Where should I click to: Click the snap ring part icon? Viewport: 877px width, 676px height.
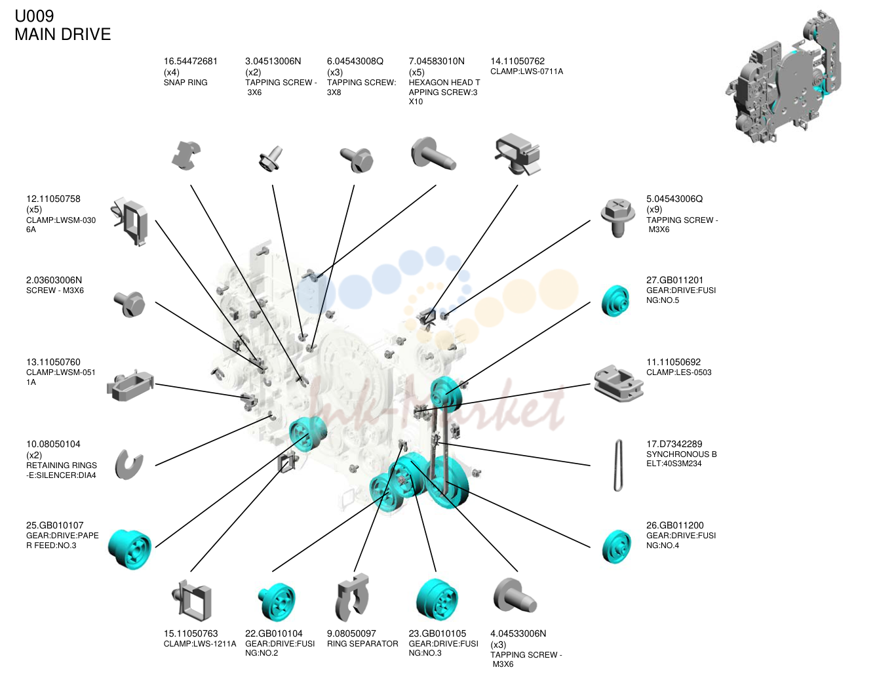click(185, 155)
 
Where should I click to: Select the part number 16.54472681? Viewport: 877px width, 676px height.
click(191, 62)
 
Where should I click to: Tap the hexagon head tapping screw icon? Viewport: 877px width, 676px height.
click(433, 154)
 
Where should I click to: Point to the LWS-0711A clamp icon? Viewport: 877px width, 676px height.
click(517, 154)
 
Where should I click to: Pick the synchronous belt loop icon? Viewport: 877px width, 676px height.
click(618, 466)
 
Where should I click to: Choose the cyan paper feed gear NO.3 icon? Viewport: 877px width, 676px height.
click(130, 549)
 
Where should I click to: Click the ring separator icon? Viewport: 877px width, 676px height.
click(352, 597)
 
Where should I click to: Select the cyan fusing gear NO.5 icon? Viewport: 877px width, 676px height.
click(615, 301)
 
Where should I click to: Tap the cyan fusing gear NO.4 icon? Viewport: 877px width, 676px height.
click(616, 546)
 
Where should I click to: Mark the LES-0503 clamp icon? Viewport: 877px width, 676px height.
click(619, 384)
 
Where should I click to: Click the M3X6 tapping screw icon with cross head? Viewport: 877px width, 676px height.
click(618, 218)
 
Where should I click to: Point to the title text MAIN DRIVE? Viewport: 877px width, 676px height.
click(62, 34)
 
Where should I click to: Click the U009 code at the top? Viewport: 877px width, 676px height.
click(34, 16)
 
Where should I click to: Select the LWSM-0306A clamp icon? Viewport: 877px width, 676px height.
click(129, 221)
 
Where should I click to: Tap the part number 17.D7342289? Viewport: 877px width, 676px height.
click(674, 444)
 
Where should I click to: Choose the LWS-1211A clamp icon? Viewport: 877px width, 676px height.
click(192, 601)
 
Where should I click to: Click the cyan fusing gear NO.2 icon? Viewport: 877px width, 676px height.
click(277, 601)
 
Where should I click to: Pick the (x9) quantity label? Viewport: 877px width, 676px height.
click(654, 209)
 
